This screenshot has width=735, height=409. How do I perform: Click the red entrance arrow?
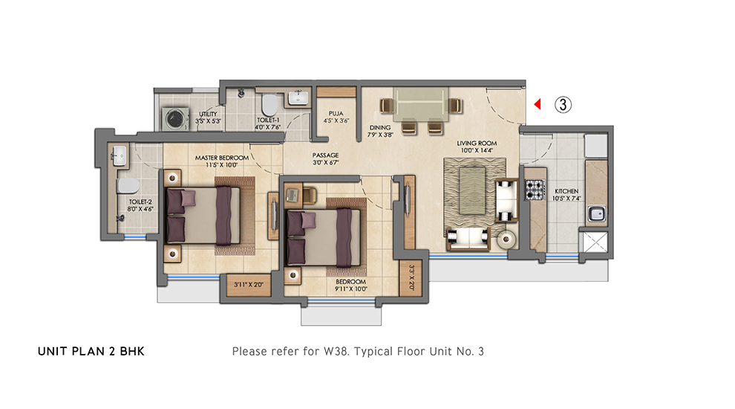click(538, 104)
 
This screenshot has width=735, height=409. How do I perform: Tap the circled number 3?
click(563, 104)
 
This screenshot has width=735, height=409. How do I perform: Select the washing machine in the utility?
click(175, 118)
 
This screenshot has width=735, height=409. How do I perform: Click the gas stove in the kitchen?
click(535, 190)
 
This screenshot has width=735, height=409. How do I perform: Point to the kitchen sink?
click(596, 214)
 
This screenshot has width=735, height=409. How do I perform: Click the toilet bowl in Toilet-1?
click(269, 105)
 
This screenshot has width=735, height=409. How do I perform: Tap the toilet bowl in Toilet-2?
click(128, 185)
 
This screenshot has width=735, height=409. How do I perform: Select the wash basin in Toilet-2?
click(120, 155)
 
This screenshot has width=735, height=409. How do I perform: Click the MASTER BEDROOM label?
click(222, 158)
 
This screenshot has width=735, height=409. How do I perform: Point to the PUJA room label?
click(336, 114)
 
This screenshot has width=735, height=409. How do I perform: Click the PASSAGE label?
click(325, 155)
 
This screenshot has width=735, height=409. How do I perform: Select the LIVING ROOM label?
click(477, 144)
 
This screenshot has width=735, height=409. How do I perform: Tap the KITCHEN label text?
click(566, 191)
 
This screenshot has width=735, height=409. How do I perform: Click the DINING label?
click(380, 128)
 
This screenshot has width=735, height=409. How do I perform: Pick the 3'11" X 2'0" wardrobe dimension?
click(249, 285)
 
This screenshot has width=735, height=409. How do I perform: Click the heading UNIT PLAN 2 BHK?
click(91, 351)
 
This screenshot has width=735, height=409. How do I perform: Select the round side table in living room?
click(506, 239)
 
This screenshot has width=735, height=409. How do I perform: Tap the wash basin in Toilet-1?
click(298, 98)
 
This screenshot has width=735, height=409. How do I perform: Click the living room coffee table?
click(472, 190)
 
